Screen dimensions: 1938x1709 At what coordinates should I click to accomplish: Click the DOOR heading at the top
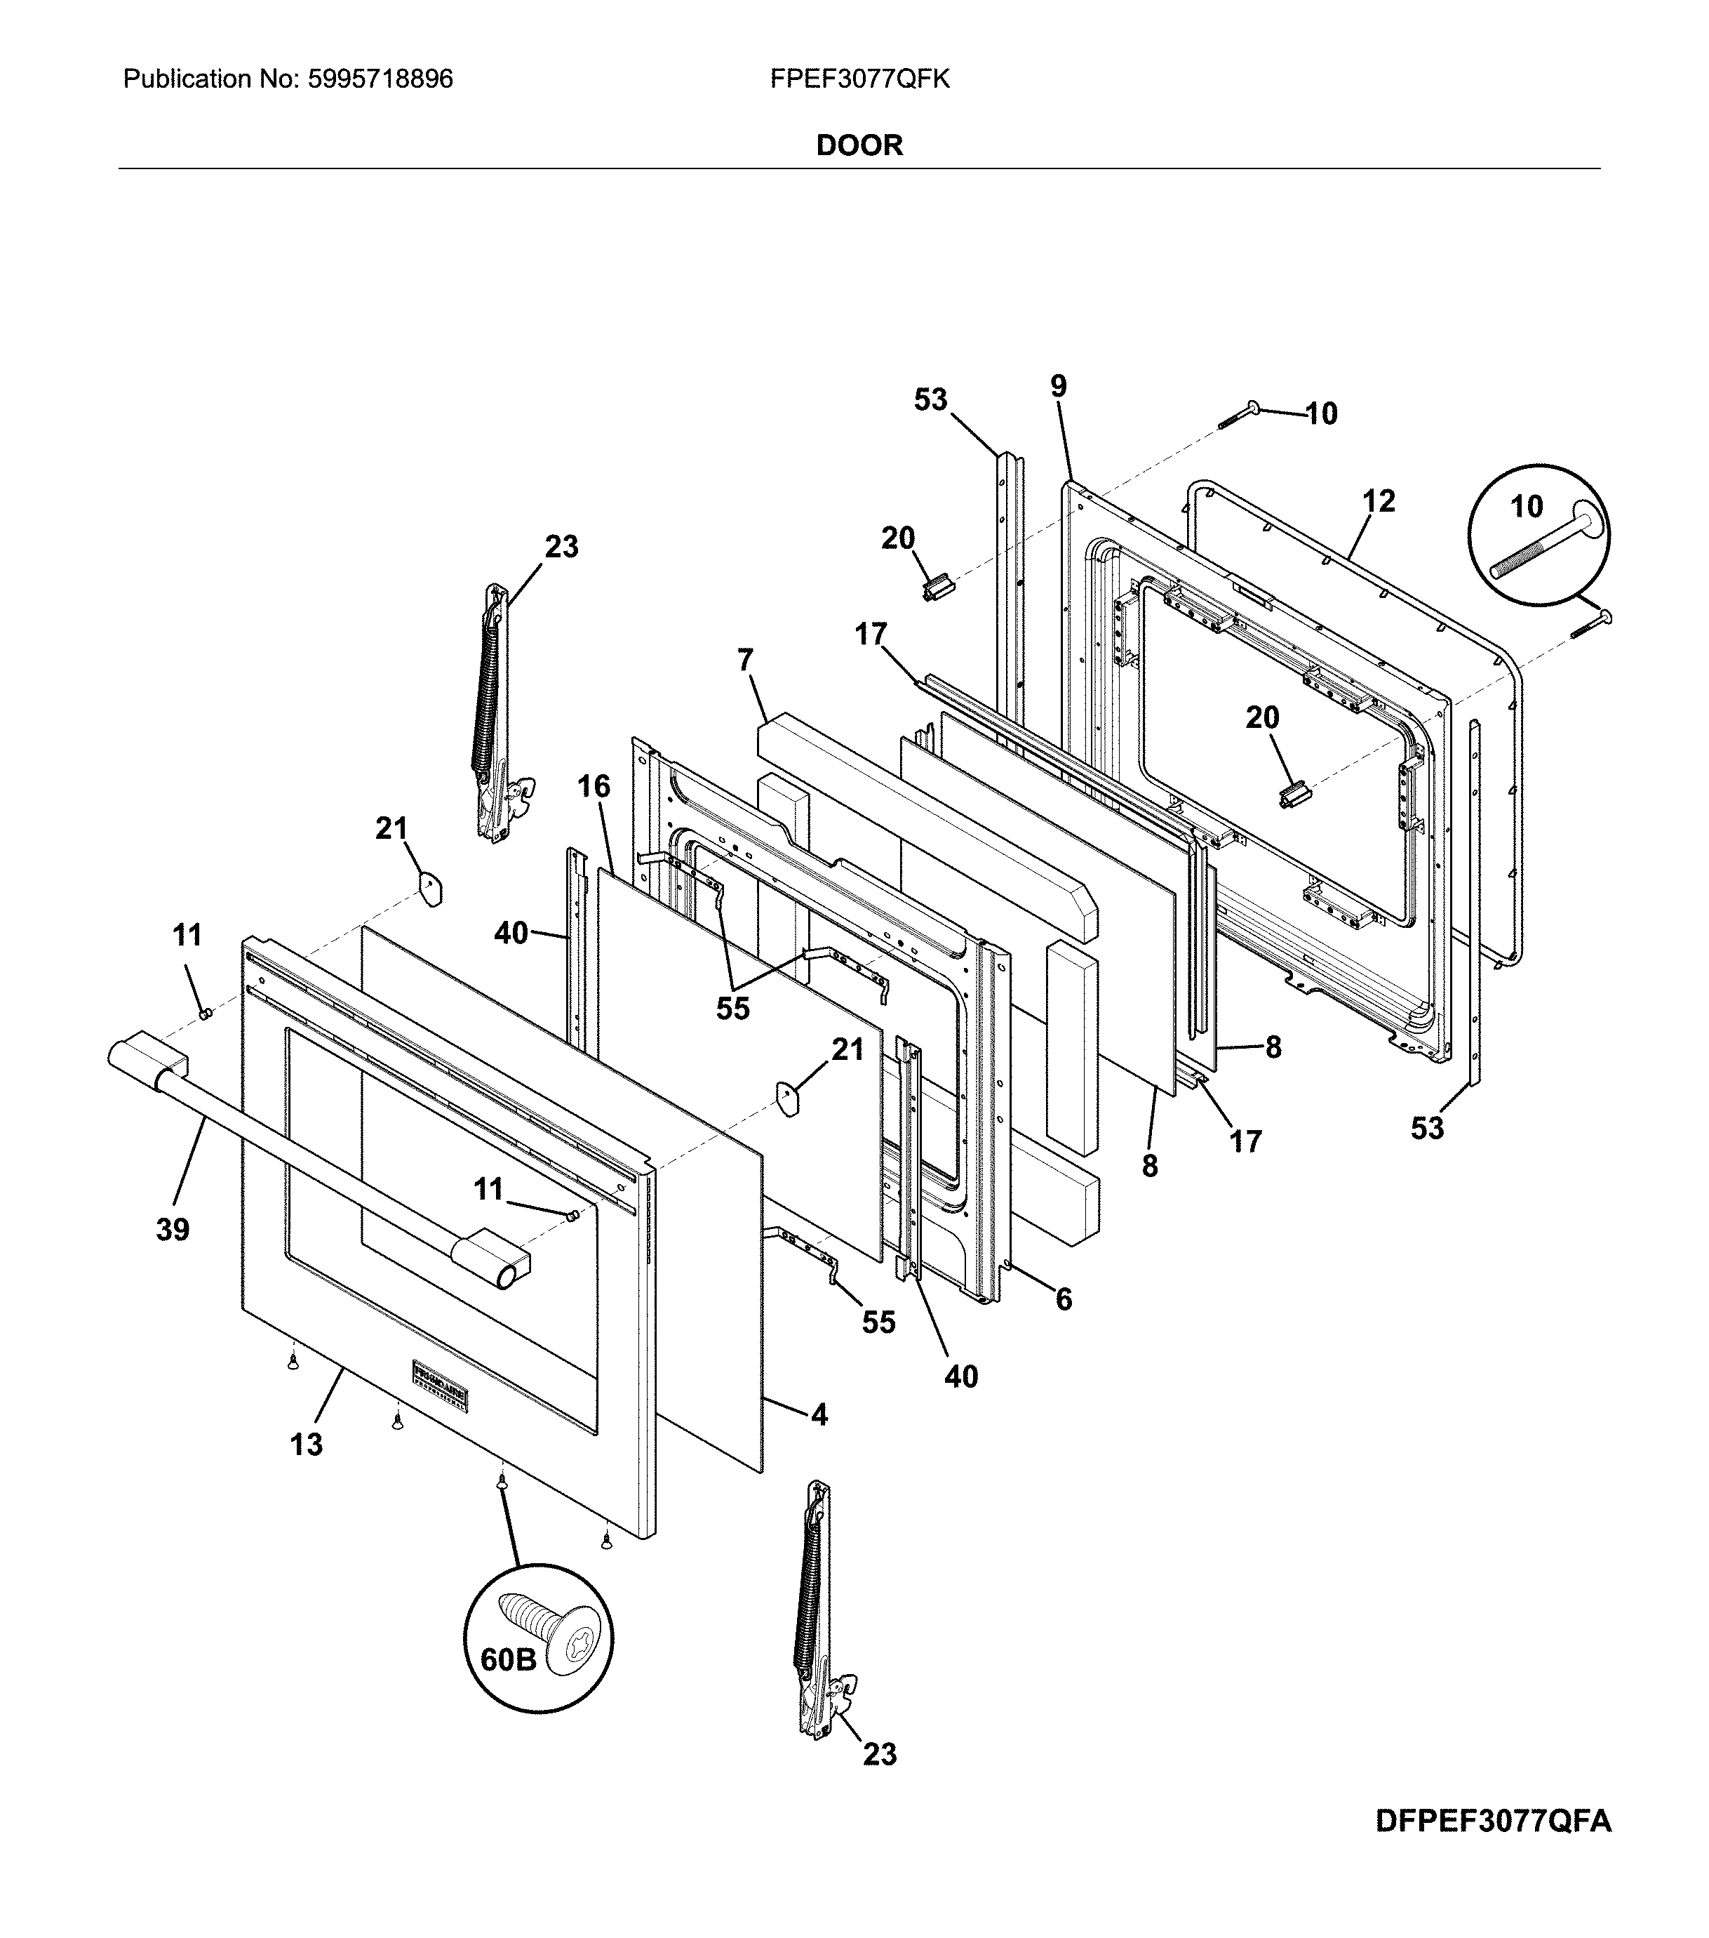[x=859, y=145]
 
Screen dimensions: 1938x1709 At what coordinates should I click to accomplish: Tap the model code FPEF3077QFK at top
[x=859, y=79]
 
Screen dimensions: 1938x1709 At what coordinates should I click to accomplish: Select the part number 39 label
[x=173, y=1230]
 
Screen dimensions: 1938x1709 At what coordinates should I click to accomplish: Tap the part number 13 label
[x=306, y=1445]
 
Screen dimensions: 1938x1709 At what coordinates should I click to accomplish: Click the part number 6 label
[x=1064, y=1300]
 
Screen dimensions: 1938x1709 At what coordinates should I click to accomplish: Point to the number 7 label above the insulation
[x=745, y=661]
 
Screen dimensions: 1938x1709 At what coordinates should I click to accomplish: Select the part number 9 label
[x=1059, y=387]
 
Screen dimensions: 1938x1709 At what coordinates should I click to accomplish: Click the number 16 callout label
[x=594, y=786]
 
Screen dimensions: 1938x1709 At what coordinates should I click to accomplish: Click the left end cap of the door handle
[x=147, y=1058]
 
